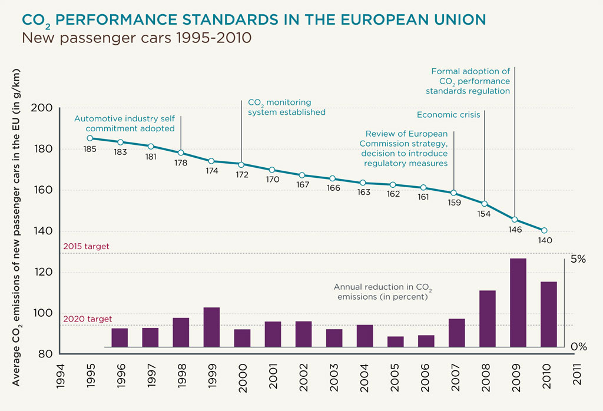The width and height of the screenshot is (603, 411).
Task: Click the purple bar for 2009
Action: [518, 303]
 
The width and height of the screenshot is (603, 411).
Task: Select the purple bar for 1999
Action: [211, 327]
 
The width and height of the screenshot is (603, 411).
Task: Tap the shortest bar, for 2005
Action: [395, 342]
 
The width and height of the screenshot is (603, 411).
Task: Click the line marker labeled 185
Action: [90, 138]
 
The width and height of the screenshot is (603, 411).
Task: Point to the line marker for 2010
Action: [544, 230]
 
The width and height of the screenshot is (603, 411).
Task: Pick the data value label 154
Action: [484, 214]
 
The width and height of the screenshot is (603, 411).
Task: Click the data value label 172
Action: [242, 175]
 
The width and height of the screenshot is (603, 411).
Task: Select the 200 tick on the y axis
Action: [45, 108]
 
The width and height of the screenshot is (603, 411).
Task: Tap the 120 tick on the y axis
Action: [45, 272]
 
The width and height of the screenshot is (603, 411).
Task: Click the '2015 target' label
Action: [86, 246]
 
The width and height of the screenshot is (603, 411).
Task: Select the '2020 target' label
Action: [87, 319]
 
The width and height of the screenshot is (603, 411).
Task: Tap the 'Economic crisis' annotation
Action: [448, 115]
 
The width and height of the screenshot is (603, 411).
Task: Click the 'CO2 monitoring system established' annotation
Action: [286, 107]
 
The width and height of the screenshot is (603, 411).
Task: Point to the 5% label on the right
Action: [578, 260]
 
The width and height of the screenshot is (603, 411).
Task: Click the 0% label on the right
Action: [578, 347]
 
